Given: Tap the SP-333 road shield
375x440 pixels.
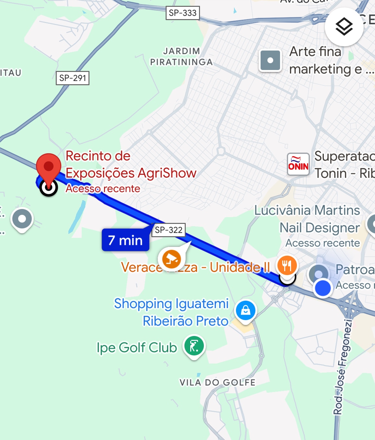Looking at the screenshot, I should (182, 13).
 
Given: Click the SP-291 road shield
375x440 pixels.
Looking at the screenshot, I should (73, 78).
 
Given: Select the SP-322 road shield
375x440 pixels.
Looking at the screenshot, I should (169, 230).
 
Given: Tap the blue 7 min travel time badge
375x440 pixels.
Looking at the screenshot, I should (125, 240).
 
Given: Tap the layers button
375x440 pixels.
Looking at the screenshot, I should (344, 27).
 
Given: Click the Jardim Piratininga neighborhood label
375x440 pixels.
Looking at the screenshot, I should (181, 57).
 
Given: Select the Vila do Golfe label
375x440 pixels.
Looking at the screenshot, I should (217, 383).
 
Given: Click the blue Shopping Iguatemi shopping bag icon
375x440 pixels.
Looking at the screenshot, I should (246, 310).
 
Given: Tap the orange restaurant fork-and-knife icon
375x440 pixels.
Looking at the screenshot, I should (287, 266).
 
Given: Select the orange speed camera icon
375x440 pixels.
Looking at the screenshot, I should (171, 259).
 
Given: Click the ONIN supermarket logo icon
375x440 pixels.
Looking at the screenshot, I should (298, 164).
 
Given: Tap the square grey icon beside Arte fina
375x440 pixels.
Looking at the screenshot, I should (270, 60).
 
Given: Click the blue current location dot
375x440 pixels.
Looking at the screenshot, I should (322, 288).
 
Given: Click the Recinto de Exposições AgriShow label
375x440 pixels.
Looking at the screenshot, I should (131, 165).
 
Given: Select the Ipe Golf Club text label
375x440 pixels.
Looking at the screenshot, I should (137, 348).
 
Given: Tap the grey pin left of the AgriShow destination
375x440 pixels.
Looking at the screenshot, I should (22, 219).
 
